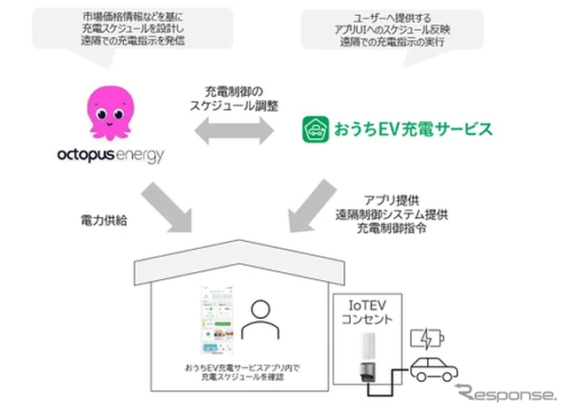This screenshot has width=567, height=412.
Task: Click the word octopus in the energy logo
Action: (95, 156)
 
